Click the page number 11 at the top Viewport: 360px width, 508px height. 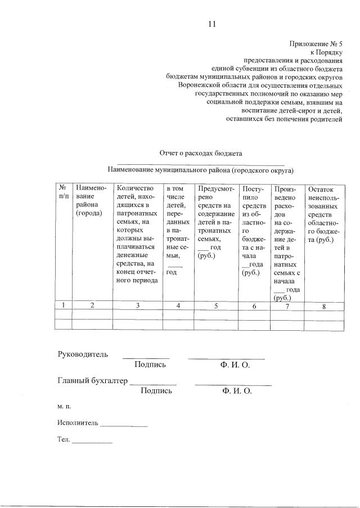click(x=211, y=24)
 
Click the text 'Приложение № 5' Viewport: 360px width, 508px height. click(x=316, y=43)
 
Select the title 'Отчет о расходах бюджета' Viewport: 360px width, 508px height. click(x=201, y=153)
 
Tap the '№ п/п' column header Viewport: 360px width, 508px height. click(x=64, y=192)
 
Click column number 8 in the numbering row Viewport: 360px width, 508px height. click(x=323, y=306)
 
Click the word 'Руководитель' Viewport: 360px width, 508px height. click(x=82, y=354)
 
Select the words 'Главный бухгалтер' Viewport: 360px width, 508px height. click(x=93, y=380)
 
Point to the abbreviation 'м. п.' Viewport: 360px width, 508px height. click(x=64, y=406)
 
